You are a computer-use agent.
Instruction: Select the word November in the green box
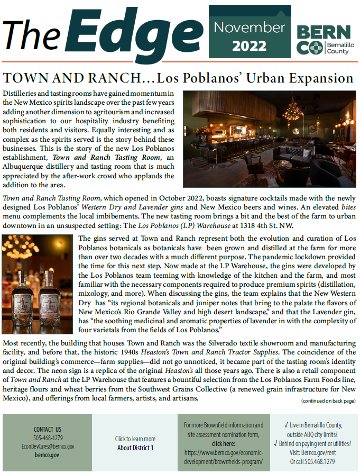(x=250, y=28)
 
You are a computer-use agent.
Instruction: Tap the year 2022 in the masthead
(x=250, y=45)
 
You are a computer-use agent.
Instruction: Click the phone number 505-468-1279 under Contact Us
(x=48, y=437)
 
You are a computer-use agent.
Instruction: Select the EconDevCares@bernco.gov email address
(x=48, y=446)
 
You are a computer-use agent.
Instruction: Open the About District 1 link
(x=135, y=448)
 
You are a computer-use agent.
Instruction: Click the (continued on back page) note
(x=328, y=401)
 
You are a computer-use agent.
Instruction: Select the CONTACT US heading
(x=48, y=429)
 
